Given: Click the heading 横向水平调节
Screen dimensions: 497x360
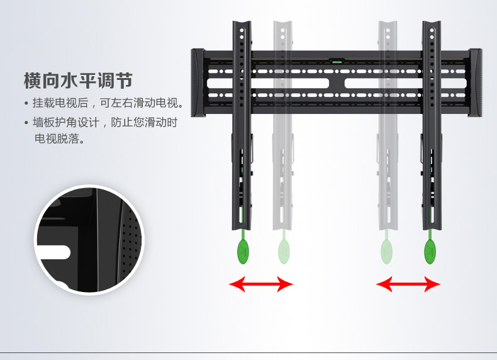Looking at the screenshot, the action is point(78,81).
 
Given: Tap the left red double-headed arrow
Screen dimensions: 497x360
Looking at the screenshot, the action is point(260,284).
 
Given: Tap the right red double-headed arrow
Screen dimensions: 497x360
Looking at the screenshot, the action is point(408,284).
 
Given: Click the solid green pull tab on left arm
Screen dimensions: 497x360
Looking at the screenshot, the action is point(243,252).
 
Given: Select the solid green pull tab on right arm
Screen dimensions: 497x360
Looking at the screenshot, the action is point(430,252).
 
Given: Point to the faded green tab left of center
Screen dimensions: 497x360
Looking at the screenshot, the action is point(284,252).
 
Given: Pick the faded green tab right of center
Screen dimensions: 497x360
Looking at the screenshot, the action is point(386,252).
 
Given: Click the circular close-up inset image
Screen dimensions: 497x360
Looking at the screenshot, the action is point(89,239).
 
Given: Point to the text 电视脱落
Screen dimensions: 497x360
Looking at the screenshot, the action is point(60,139).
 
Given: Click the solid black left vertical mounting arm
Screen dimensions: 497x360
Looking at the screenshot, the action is point(242,126).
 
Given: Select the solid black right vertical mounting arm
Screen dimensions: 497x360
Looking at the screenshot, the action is point(432,126).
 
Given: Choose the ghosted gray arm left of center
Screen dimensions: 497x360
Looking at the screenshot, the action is point(282,126).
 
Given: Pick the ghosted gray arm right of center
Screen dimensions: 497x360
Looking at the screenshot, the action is point(387,126).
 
